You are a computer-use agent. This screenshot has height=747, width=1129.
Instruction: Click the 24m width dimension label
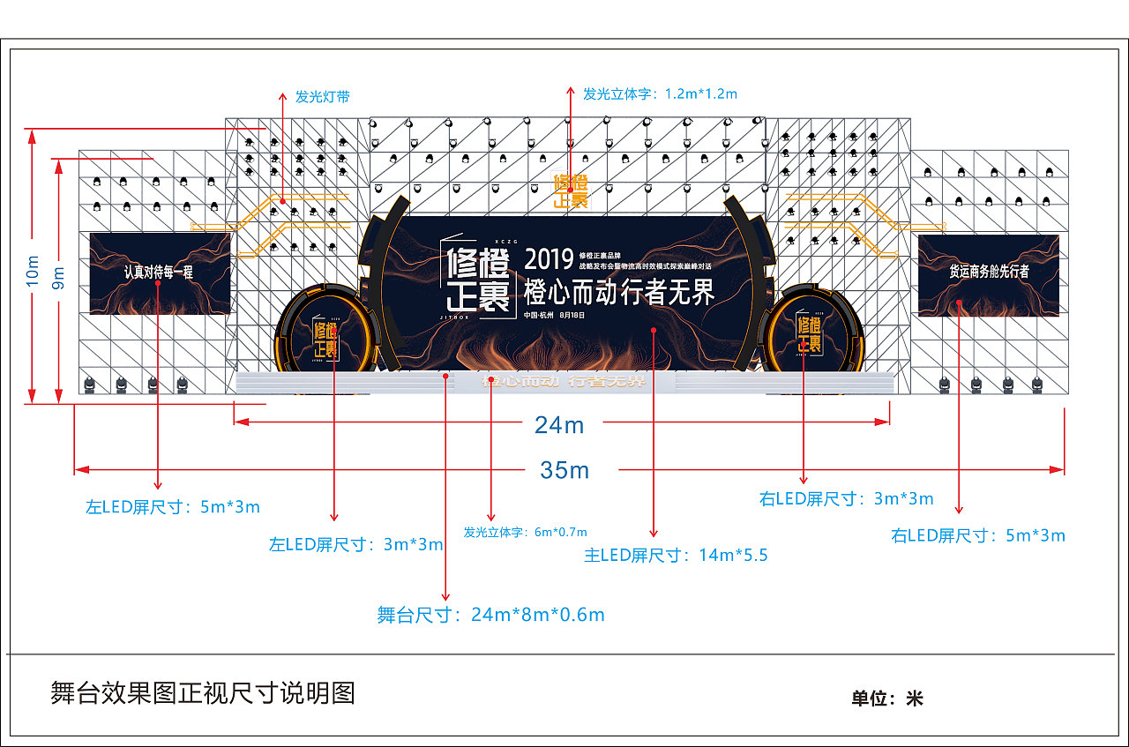pyautogui.click(x=559, y=425)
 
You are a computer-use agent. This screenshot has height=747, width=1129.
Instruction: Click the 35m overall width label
pyautogui.click(x=564, y=470)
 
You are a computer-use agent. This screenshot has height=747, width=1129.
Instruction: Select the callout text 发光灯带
pyautogui.click(x=322, y=97)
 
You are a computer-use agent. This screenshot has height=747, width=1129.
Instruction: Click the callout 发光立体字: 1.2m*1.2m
pyautogui.click(x=660, y=93)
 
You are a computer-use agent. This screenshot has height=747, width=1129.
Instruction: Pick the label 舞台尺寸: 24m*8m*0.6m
pyautogui.click(x=490, y=615)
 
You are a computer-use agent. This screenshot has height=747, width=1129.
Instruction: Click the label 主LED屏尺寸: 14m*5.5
pyautogui.click(x=676, y=555)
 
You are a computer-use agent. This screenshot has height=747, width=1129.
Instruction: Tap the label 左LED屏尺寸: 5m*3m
pyautogui.click(x=173, y=507)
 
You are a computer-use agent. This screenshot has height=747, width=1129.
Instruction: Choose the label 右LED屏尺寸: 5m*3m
pyautogui.click(x=978, y=535)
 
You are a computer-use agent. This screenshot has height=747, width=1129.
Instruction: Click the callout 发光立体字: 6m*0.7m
pyautogui.click(x=525, y=532)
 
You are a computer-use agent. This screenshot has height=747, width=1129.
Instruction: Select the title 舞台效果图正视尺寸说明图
pyautogui.click(x=203, y=693)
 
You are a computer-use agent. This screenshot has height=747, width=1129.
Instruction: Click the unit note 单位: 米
pyautogui.click(x=886, y=698)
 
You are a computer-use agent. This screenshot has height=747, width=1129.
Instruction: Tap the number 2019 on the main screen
pyautogui.click(x=549, y=259)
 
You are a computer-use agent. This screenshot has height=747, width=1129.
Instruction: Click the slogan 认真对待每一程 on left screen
pyautogui.click(x=159, y=273)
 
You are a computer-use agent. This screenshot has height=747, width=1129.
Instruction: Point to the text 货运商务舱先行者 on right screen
pyautogui.click(x=989, y=272)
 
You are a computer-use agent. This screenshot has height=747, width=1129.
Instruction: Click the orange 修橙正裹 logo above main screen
pyautogui.click(x=571, y=191)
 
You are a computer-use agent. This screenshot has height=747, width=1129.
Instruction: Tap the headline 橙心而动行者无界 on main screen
pyautogui.click(x=618, y=292)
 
